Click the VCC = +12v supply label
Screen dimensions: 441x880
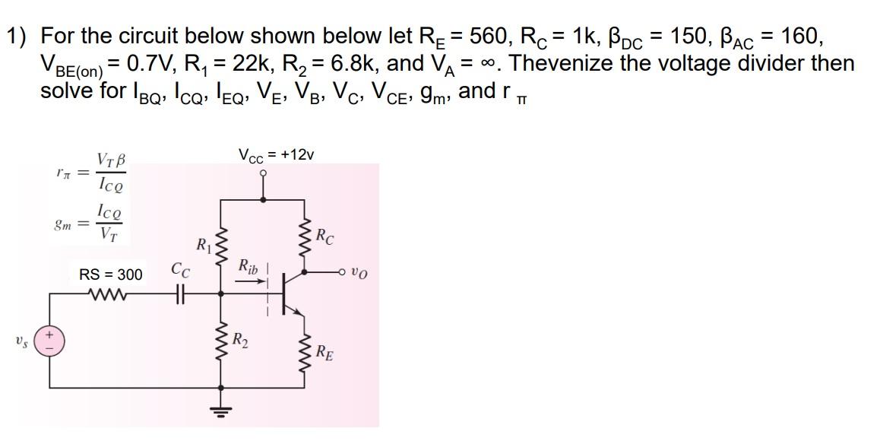(x=276, y=155)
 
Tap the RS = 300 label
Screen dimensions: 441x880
(x=110, y=274)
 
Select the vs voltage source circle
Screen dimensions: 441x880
(x=52, y=340)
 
